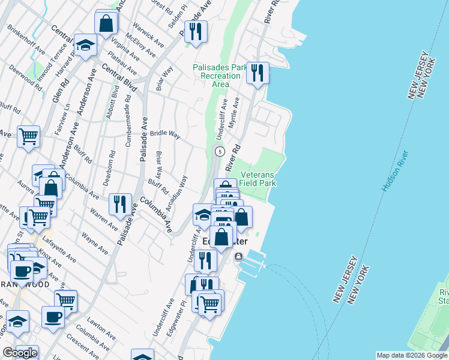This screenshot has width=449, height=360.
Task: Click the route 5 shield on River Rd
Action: pyautogui.click(x=220, y=151)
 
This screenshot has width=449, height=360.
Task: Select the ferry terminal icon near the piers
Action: pyautogui.click(x=238, y=257)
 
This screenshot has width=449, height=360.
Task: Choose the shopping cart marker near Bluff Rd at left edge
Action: pyautogui.click(x=28, y=137)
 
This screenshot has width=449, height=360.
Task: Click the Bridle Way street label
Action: pyautogui.click(x=165, y=134)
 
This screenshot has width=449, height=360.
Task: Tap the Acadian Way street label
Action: pyautogui.click(x=180, y=193)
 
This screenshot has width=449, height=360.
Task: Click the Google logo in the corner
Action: pyautogui.click(x=20, y=353)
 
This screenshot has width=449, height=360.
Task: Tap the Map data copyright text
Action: pyautogui.click(x=412, y=355)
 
